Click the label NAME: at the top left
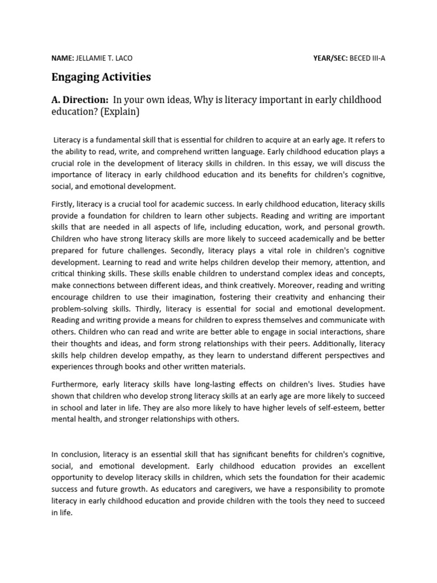63,58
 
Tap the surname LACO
127,58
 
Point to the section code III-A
377,58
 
